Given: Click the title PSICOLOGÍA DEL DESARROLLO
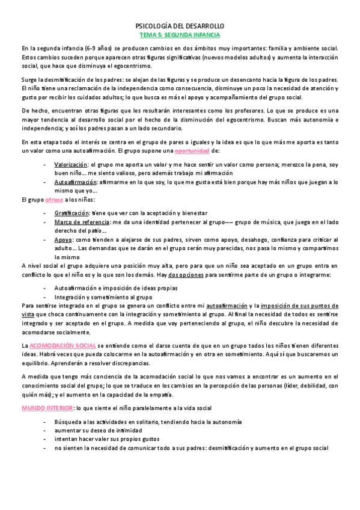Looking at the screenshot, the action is (180, 27).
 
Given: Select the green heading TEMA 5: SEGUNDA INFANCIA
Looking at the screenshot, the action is (180, 36).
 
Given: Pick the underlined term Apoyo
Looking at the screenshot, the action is (63, 239).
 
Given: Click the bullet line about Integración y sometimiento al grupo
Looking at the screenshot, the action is (94, 297).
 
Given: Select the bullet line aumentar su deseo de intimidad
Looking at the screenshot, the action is (98, 431).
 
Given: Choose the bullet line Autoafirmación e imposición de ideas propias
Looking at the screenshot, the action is (107, 288).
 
